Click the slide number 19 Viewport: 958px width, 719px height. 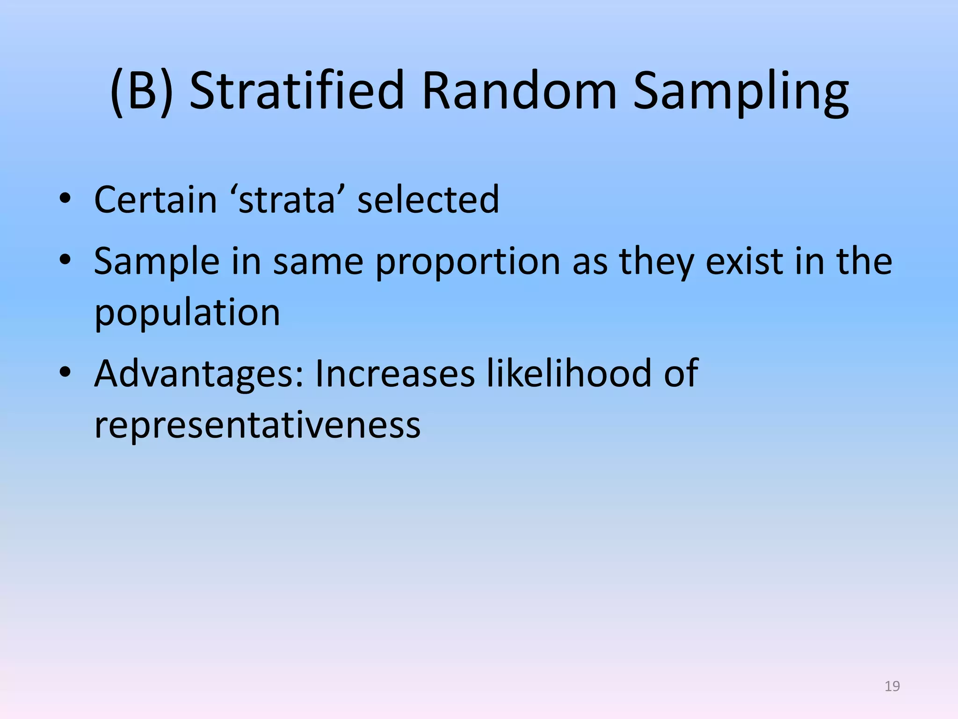(892, 686)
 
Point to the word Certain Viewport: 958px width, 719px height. (155, 200)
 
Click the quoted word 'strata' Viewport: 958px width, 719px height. (287, 200)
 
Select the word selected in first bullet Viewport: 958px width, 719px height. (428, 200)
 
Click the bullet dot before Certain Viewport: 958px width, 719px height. (65, 200)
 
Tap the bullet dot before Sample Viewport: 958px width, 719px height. (65, 261)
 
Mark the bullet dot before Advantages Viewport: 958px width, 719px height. (65, 373)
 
